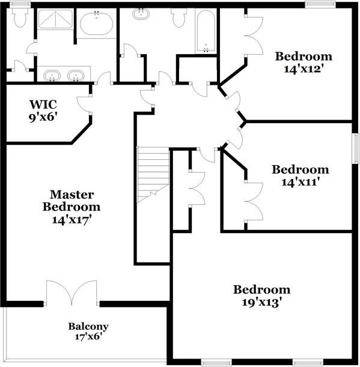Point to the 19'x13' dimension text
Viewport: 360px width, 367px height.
tap(261, 302)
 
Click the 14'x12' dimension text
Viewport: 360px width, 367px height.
tap(304, 68)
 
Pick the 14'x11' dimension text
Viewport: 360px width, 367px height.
tap(300, 181)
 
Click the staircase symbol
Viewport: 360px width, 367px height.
tap(153, 174)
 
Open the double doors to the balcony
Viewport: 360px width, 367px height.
tap(71, 293)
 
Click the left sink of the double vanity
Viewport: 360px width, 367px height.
tap(53, 76)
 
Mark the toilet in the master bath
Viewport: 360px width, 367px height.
tap(20, 18)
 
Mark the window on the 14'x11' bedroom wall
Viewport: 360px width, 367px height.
tap(355, 153)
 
